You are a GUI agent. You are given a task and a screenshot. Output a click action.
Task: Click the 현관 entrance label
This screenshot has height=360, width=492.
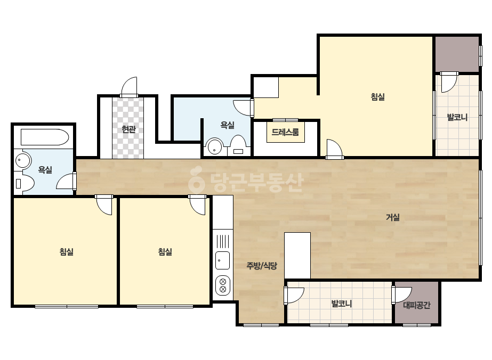tap(128, 129)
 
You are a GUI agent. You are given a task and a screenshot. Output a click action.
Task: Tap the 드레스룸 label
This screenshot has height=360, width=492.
tap(285, 132)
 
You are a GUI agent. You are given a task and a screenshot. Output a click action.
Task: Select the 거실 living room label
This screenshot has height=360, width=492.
tap(392, 217)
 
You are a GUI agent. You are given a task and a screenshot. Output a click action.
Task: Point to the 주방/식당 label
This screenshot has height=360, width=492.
tap(262, 266)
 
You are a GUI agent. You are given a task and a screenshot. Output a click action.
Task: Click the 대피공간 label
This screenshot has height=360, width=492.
tap(417, 305)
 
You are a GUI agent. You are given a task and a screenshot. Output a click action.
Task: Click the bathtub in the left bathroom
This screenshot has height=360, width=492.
tap(45, 137)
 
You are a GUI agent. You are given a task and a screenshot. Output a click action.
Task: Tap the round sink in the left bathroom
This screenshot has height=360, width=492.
tap(23, 160)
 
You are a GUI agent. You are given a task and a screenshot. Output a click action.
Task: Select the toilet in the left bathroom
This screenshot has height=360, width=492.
tap(25, 183)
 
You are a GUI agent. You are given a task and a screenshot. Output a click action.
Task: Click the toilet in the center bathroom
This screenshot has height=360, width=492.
tap(238, 146)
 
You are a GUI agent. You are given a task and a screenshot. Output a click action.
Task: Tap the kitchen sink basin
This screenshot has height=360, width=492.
tap(222, 260)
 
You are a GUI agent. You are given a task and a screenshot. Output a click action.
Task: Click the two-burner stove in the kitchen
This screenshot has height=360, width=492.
tap(223, 285)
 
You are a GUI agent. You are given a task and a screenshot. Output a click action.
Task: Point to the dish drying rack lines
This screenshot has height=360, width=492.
tap(222, 241)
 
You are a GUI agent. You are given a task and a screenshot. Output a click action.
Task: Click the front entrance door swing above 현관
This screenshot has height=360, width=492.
tap(129, 87)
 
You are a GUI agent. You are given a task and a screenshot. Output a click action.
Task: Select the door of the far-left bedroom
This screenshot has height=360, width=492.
tap(104, 205)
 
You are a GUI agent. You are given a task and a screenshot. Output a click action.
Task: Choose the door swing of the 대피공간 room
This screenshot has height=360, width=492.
tap(401, 295)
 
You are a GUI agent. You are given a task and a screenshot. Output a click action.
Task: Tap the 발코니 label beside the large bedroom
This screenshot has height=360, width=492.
tap(457, 117)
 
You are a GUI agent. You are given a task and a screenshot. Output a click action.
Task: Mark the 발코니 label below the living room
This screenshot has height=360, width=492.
tap(342, 304)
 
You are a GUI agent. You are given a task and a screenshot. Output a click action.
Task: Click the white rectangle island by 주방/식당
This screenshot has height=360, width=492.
tap(297, 256)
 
